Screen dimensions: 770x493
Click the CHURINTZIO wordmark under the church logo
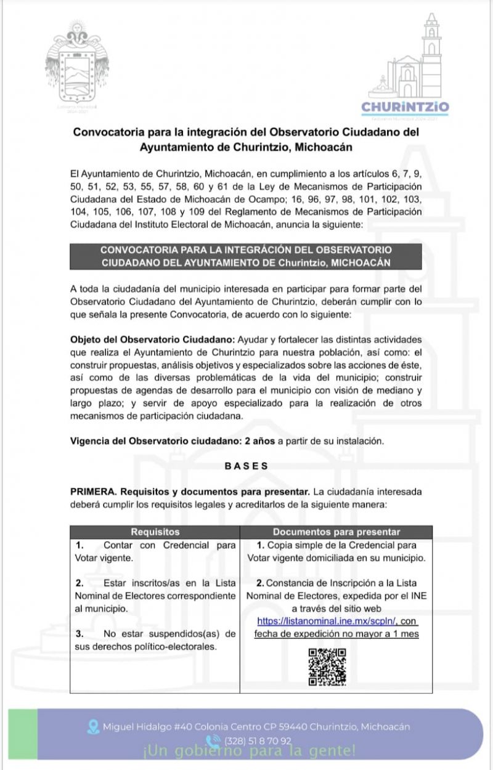pyautogui.click(x=405, y=107)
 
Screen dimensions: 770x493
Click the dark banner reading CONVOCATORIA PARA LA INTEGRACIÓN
pyautogui.click(x=245, y=256)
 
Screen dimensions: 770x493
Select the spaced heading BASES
pyautogui.click(x=246, y=466)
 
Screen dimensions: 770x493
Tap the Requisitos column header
pyautogui.click(x=155, y=532)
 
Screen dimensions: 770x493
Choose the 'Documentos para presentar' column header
pyautogui.click(x=336, y=532)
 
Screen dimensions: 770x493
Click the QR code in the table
pyautogui.click(x=327, y=667)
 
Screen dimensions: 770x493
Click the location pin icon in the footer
pyautogui.click(x=94, y=726)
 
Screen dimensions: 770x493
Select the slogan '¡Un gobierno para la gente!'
pyautogui.click(x=249, y=751)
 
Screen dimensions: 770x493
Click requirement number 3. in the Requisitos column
pyautogui.click(x=80, y=634)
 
